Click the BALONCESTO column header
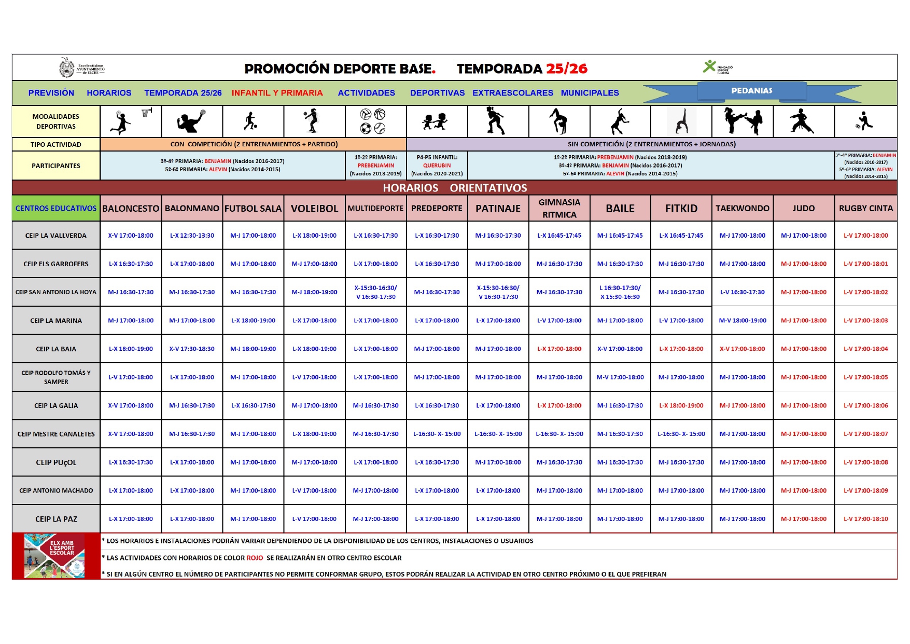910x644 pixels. [131, 209]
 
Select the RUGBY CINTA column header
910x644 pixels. [865, 209]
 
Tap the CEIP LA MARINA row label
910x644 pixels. [56, 321]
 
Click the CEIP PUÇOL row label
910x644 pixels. [56, 462]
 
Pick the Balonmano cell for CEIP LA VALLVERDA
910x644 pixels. [192, 236]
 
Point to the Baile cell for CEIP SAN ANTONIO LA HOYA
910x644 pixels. [620, 292]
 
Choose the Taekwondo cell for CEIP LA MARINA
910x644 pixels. [742, 321]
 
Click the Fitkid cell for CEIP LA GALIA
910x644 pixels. [681, 406]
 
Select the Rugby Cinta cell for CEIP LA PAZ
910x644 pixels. [865, 519]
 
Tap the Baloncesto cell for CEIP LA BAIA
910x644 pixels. [131, 349]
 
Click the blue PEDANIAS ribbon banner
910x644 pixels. [751, 91]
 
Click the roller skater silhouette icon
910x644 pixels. [496, 121]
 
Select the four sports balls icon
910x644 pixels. [373, 121]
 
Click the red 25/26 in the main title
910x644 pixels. [567, 68]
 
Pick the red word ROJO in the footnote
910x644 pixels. [255, 558]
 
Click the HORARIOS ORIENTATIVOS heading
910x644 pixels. [455, 188]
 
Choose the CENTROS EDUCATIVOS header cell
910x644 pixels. [56, 209]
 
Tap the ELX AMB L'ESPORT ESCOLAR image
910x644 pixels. [55, 556]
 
